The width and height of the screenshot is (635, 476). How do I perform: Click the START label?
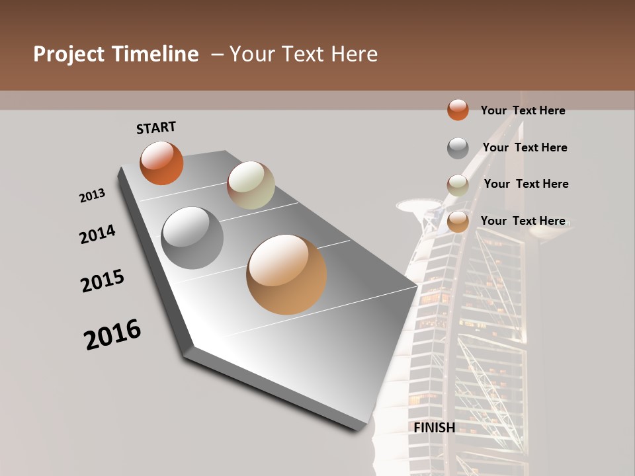point(156,128)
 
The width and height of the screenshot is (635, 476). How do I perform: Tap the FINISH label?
point(434,428)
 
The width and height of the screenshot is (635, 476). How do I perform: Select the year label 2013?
point(92,196)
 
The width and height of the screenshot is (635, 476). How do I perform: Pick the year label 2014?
point(97,234)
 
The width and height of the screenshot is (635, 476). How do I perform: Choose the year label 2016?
point(112,335)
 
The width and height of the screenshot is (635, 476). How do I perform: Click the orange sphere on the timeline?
point(161,163)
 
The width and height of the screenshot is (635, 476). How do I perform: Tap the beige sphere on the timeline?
point(251,185)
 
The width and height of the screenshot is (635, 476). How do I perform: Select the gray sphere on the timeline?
point(192,238)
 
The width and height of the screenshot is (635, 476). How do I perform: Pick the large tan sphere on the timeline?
point(286,274)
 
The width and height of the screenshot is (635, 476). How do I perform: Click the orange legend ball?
point(458,110)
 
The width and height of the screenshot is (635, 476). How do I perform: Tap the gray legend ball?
point(458,148)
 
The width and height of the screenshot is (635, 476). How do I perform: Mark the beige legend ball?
point(458,185)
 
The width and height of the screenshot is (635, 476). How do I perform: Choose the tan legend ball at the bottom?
point(458,222)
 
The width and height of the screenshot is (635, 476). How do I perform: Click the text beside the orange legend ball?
point(523,110)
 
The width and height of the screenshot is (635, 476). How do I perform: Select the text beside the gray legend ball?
point(525,147)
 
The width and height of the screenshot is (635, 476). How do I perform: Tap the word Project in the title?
point(69,54)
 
